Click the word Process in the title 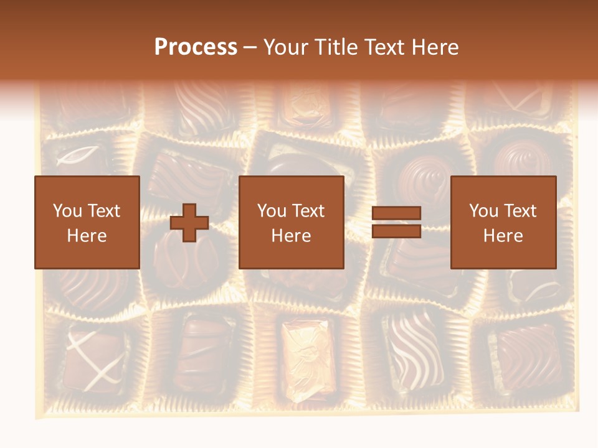tap(196, 47)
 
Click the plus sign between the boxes tap(189, 222)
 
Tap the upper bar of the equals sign tap(396, 213)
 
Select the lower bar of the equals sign tap(396, 231)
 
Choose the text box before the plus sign tap(87, 222)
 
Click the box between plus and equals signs tap(291, 222)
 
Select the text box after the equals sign tap(503, 222)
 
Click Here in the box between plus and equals tap(291, 236)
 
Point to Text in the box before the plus tap(103, 211)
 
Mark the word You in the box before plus tap(67, 211)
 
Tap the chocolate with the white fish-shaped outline tap(77, 156)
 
